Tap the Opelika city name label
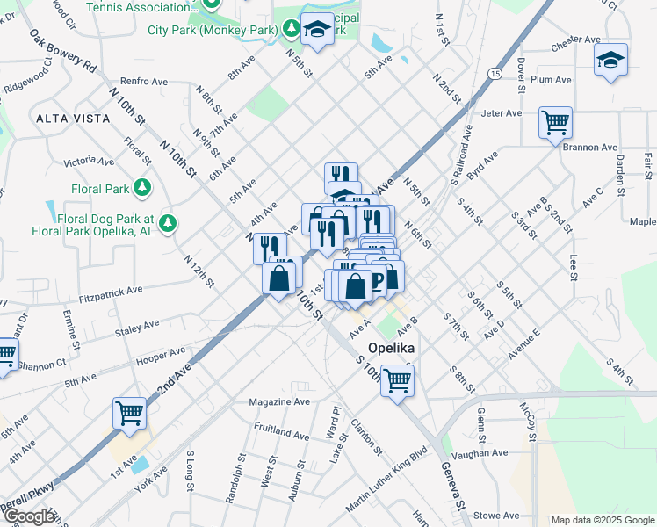click(391, 346)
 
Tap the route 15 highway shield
click(496, 75)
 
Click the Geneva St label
click(453, 487)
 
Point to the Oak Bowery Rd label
click(63, 50)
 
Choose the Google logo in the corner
click(29, 516)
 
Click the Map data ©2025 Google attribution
click(602, 520)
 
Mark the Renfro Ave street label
click(145, 82)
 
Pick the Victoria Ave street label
click(90, 162)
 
